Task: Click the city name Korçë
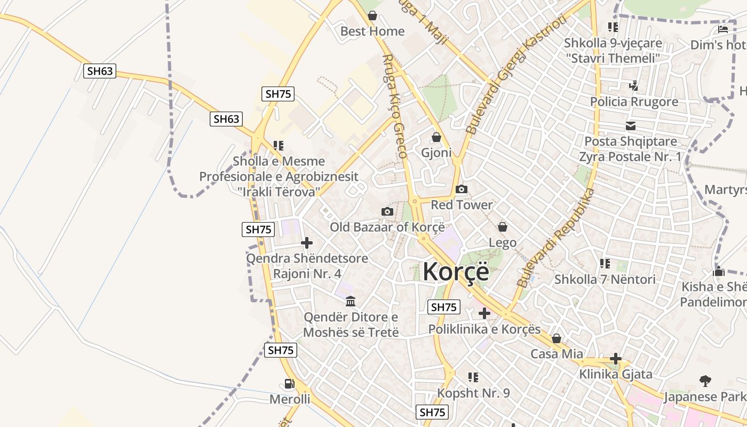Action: (x=456, y=272)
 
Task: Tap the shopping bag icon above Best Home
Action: (x=372, y=16)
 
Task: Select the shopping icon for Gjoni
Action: (x=436, y=138)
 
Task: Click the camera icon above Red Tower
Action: (x=462, y=189)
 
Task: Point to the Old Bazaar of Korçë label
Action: (x=387, y=227)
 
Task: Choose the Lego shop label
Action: (x=503, y=243)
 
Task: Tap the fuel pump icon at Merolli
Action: (x=289, y=384)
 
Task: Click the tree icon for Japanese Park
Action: (x=705, y=381)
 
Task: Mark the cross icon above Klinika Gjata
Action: (x=616, y=359)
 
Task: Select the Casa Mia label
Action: (x=557, y=354)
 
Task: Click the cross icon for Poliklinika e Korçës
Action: (x=484, y=313)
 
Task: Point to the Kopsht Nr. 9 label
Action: (x=473, y=393)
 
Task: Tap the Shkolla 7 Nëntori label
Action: (x=605, y=279)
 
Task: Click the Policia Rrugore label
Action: (x=634, y=101)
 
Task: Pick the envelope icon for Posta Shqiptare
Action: (x=631, y=126)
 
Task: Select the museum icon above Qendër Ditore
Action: (x=351, y=302)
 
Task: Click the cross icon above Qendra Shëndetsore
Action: (x=307, y=243)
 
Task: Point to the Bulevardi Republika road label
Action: (x=557, y=237)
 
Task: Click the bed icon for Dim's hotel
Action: (x=723, y=29)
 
